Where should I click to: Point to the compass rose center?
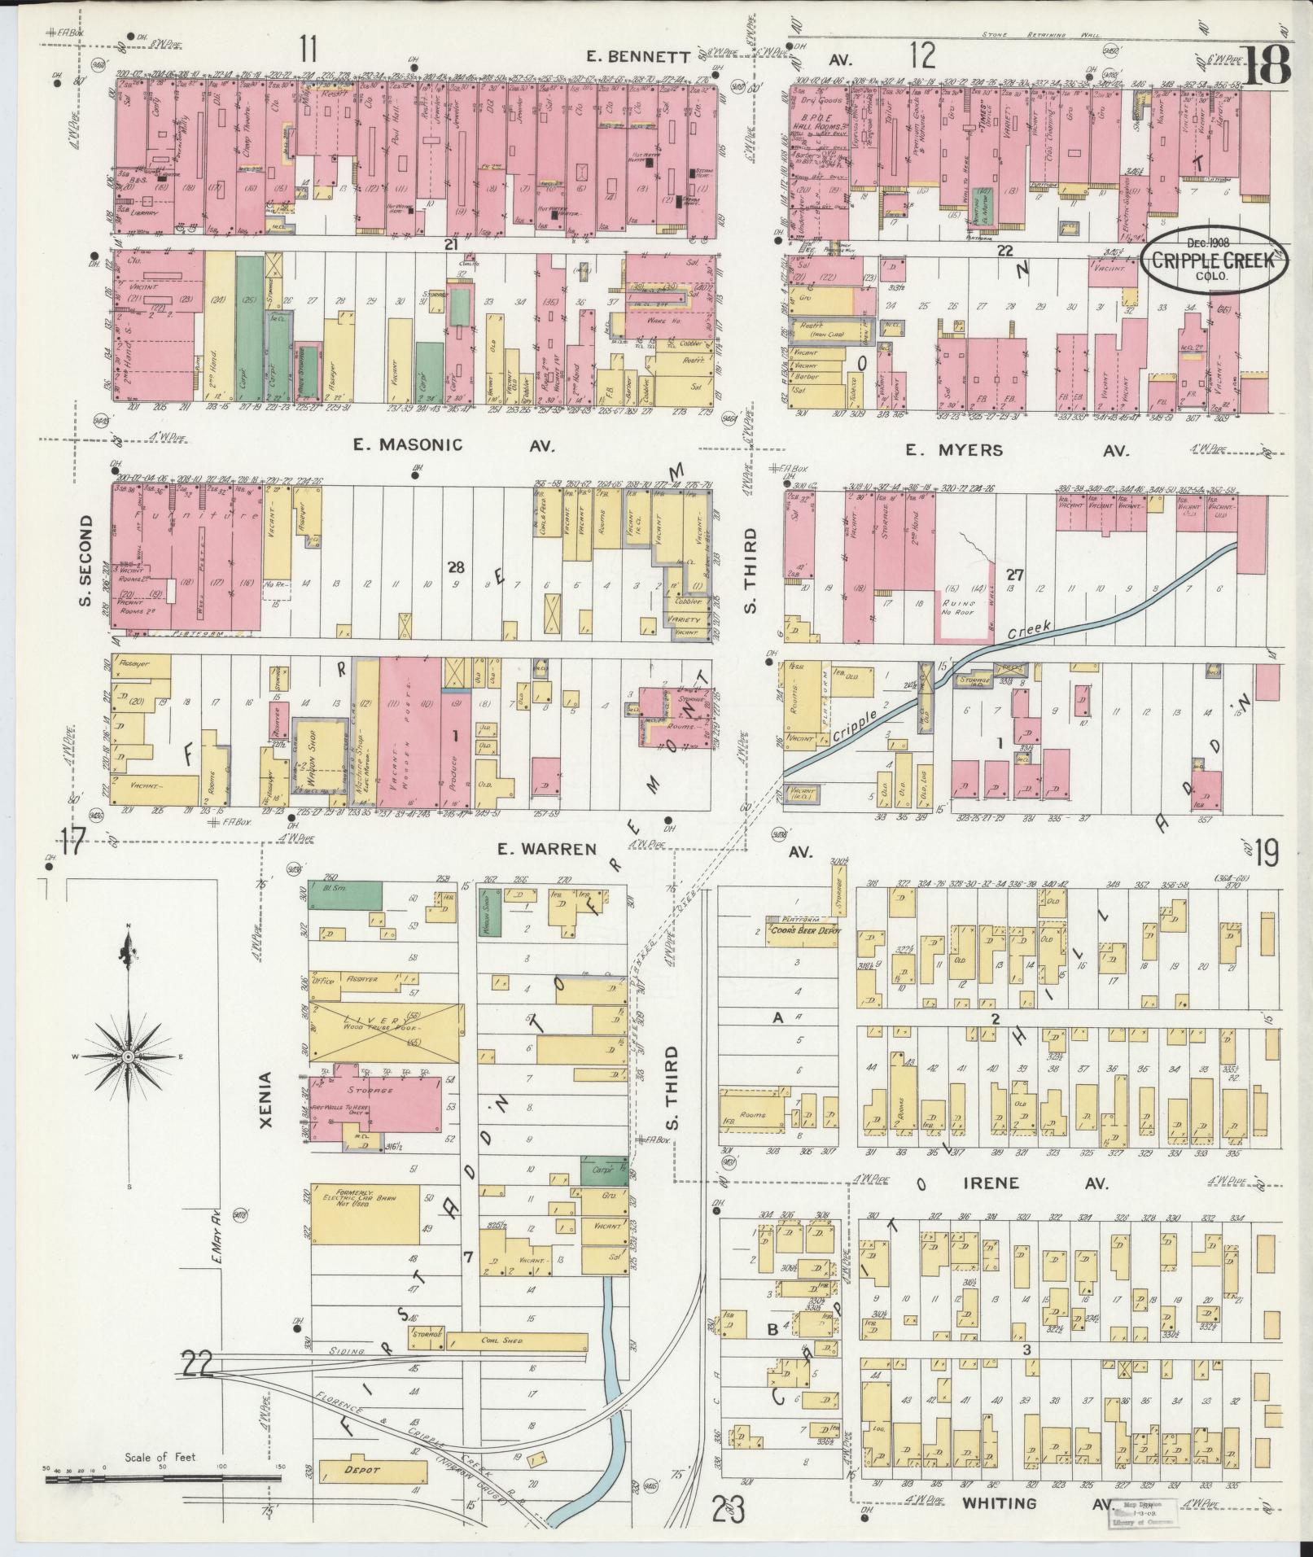click(x=128, y=1056)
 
